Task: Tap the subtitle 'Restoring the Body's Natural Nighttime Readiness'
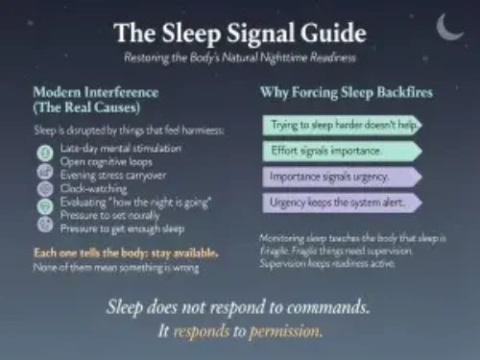tap(239, 58)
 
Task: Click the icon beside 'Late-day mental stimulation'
tap(44, 153)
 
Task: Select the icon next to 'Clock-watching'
tap(44, 189)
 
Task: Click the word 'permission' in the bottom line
tap(286, 330)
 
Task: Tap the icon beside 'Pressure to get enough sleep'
tap(44, 226)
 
